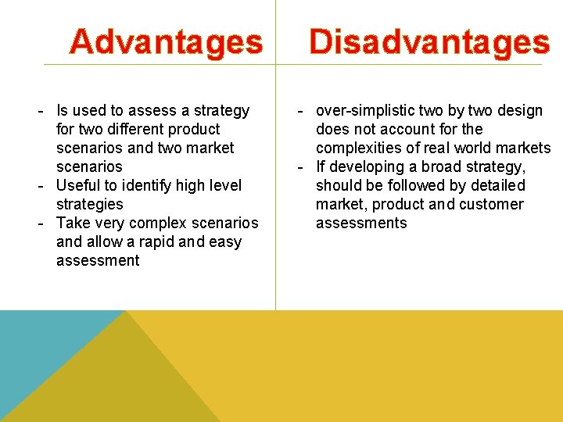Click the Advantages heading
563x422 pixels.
166,41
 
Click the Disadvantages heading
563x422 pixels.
429,41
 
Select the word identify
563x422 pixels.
145,185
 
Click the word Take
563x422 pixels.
73,223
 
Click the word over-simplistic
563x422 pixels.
366,110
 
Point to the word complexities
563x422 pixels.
358,148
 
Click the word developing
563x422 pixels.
364,166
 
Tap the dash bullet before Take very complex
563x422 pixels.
40,223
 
